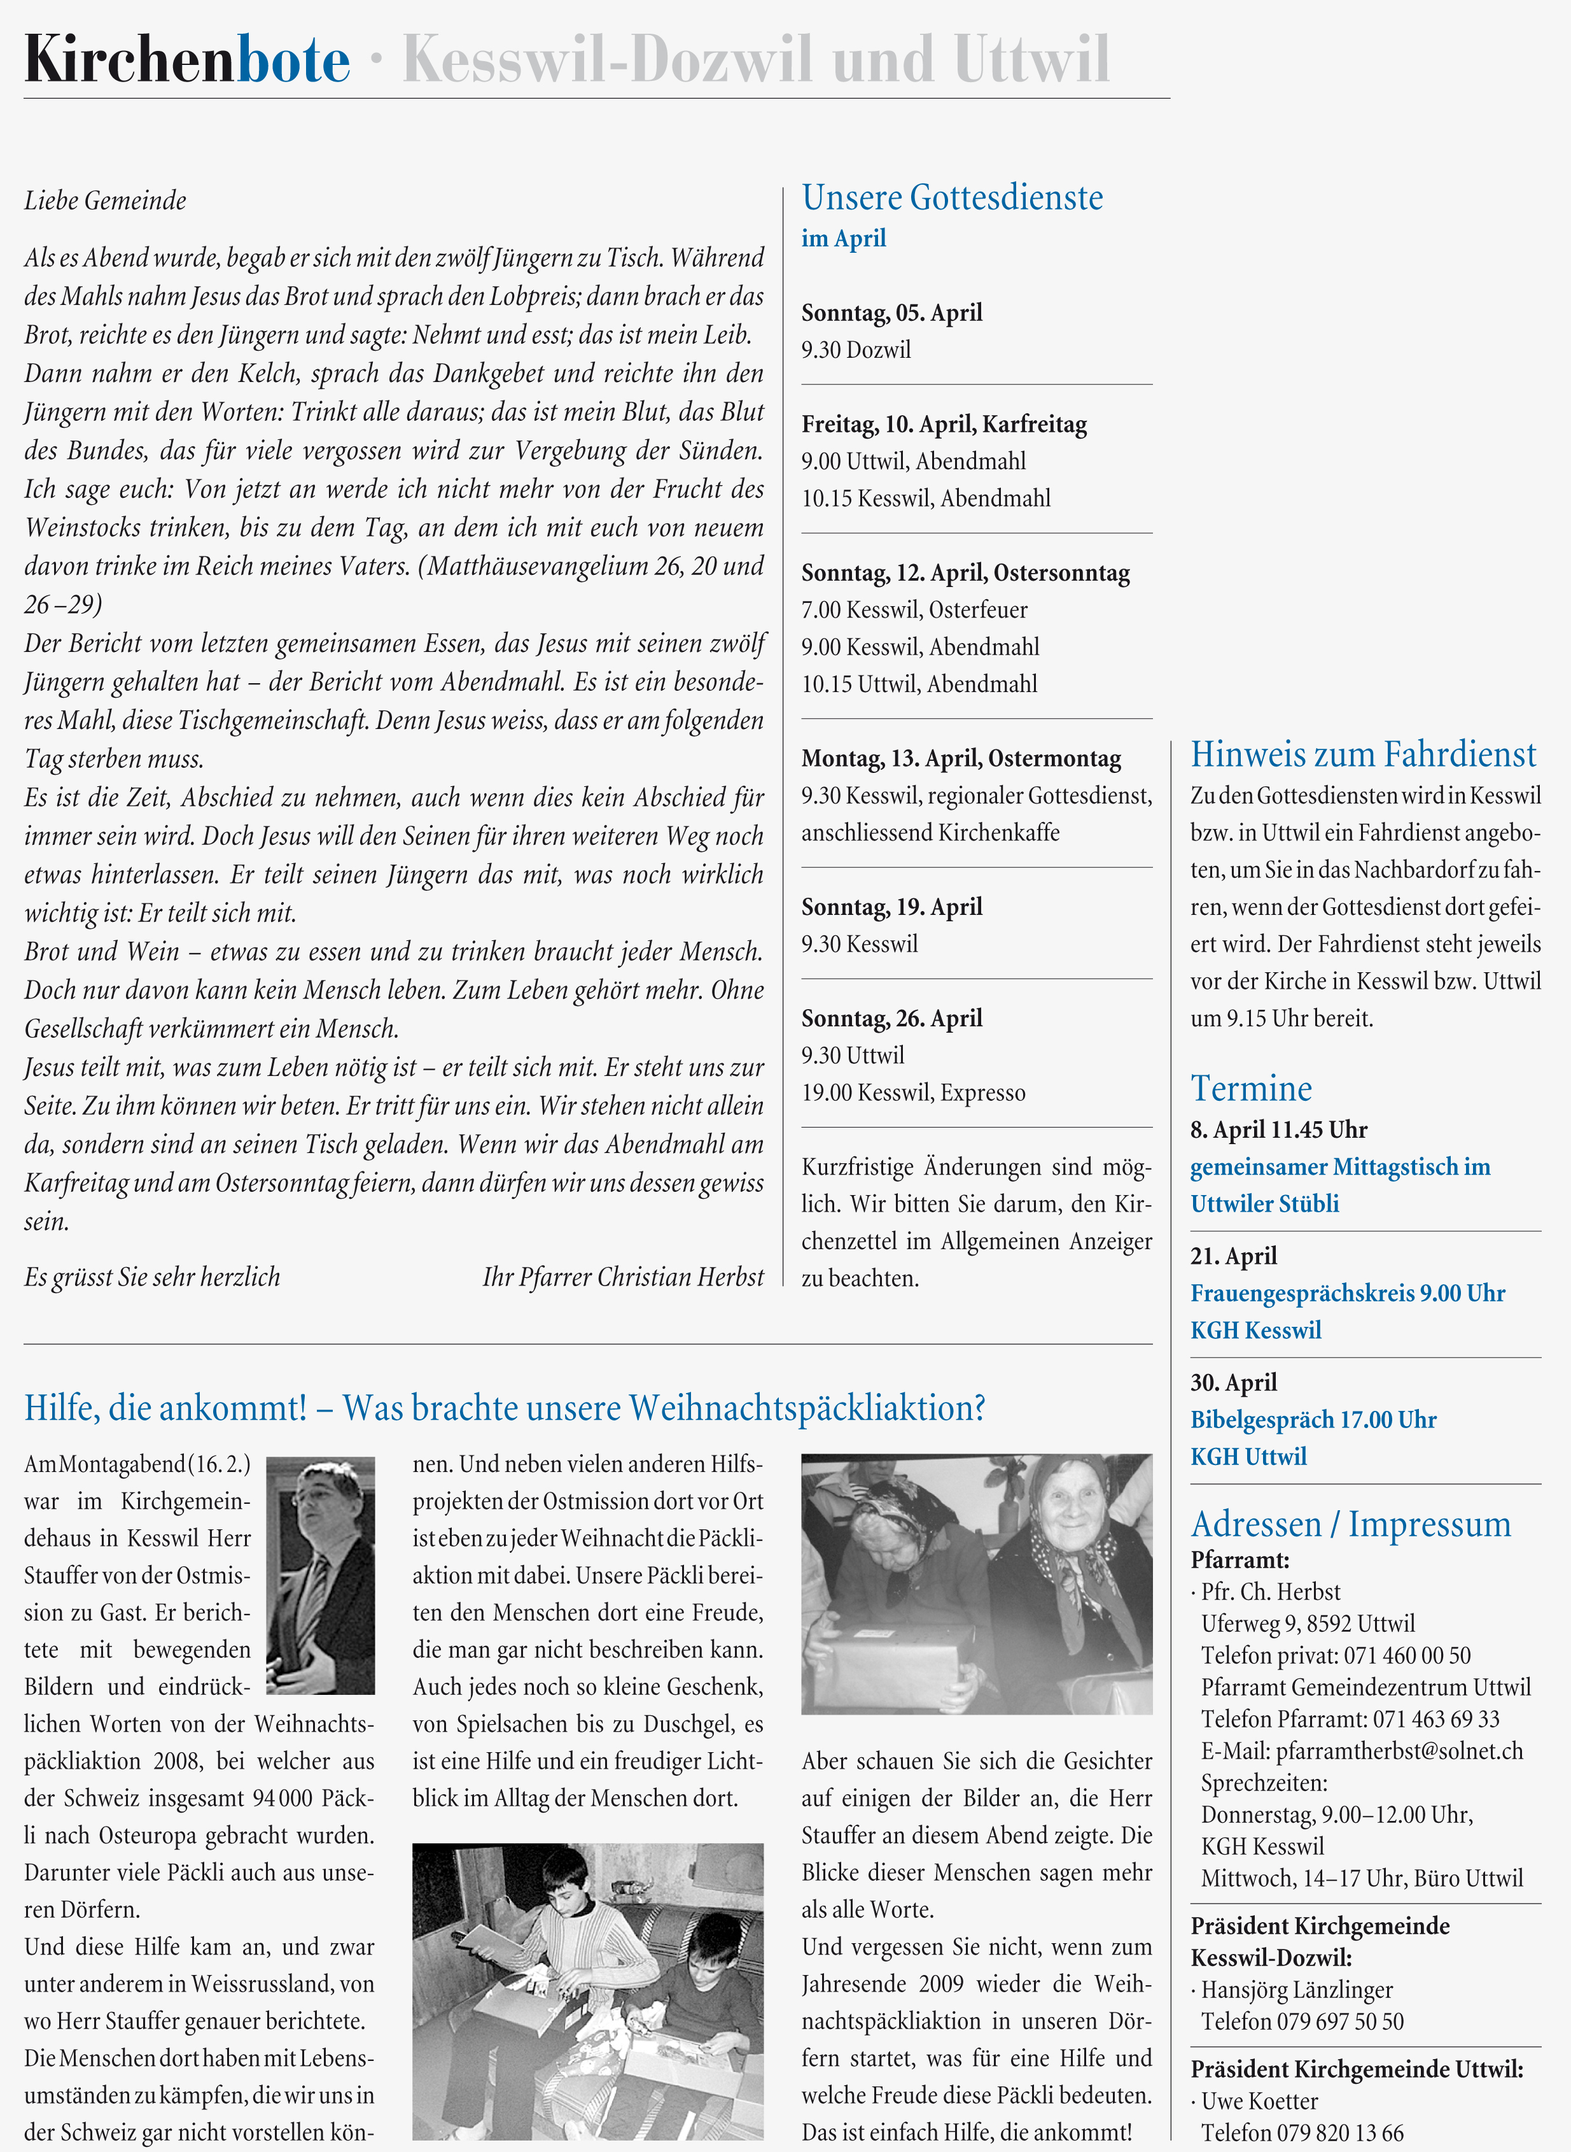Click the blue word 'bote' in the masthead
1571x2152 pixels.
pyautogui.click(x=293, y=61)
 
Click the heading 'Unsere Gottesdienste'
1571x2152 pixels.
pyautogui.click(x=952, y=198)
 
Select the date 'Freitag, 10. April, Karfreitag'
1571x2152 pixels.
pyautogui.click(x=944, y=424)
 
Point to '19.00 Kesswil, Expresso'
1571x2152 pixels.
pyautogui.click(x=913, y=1092)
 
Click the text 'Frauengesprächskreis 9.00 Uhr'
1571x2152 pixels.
pyautogui.click(x=1348, y=1293)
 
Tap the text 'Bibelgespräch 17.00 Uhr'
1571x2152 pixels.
pyautogui.click(x=1313, y=1419)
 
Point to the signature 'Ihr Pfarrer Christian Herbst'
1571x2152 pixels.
pyautogui.click(x=623, y=1277)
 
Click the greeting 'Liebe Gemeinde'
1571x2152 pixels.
pyautogui.click(x=106, y=201)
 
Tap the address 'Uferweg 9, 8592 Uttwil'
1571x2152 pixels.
pyautogui.click(x=1308, y=1624)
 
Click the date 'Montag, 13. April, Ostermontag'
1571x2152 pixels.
pyautogui.click(x=960, y=758)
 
